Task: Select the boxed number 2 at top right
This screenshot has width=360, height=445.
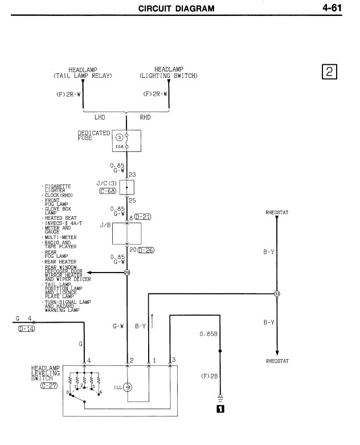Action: [x=330, y=72]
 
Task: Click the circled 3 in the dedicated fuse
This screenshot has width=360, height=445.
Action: [x=120, y=138]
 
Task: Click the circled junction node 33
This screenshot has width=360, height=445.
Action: [x=277, y=294]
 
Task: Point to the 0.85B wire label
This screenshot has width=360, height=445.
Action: [x=209, y=334]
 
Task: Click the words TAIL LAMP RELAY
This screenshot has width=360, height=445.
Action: [x=83, y=75]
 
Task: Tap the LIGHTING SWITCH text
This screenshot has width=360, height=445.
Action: [x=169, y=75]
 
